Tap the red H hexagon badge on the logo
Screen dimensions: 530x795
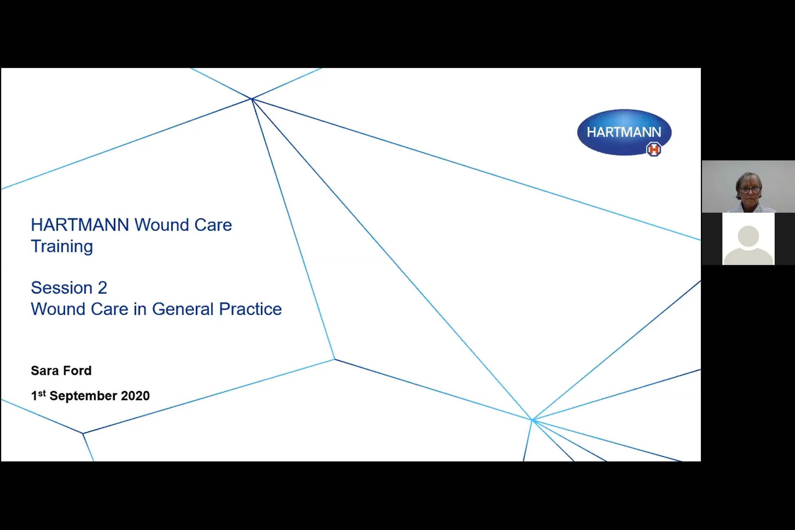[x=654, y=149]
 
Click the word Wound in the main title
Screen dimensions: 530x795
[x=161, y=225]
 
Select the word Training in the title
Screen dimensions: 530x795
[x=62, y=246]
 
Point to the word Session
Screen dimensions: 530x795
[x=61, y=288]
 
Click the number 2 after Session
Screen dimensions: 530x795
[x=102, y=288]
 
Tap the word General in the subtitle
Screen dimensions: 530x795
[x=183, y=309]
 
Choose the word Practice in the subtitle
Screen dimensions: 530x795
[x=250, y=309]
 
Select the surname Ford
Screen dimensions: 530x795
[x=77, y=371]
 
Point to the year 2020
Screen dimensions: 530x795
[x=135, y=396]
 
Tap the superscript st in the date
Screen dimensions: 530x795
[x=42, y=393]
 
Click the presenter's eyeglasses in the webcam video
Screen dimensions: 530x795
[x=750, y=189]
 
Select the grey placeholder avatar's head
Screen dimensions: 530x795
[x=748, y=236]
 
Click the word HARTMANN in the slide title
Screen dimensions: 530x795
[x=80, y=225]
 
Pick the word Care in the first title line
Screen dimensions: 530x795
[x=213, y=225]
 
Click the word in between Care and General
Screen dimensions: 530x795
[x=140, y=309]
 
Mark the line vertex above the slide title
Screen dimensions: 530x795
[x=252, y=99]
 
